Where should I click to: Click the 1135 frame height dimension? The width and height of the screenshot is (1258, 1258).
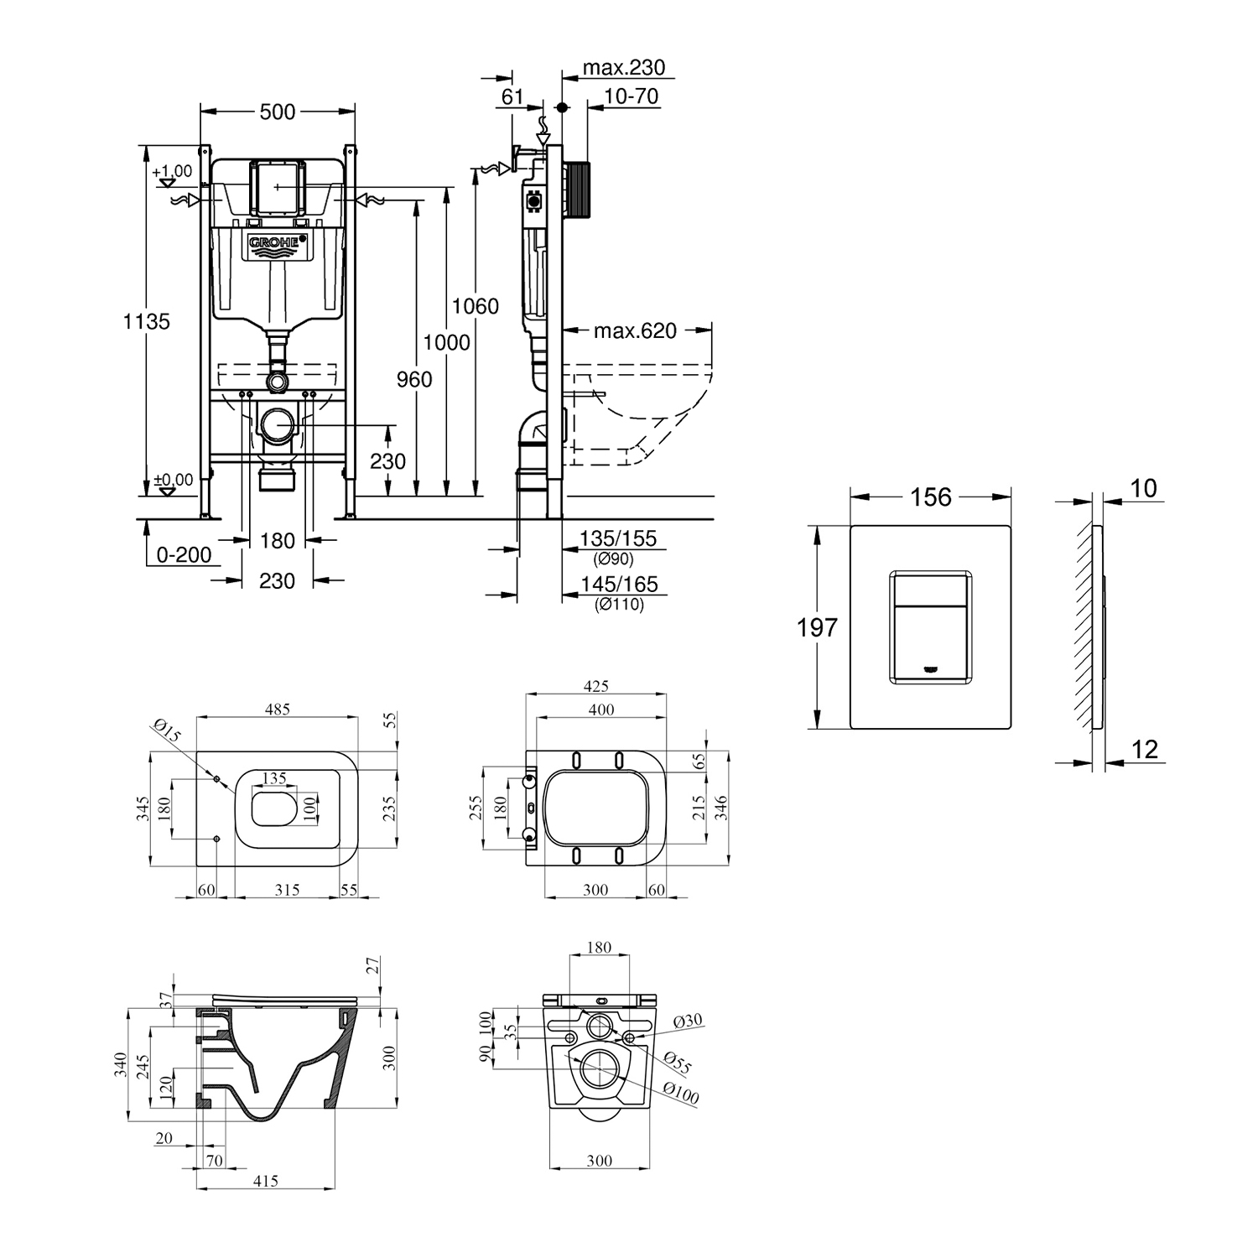pyautogui.click(x=147, y=320)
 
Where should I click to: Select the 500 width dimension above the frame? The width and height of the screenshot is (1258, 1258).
pyautogui.click(x=278, y=112)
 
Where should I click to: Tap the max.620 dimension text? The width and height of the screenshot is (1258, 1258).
pyautogui.click(x=635, y=330)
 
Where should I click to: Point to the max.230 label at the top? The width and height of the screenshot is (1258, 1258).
pyautogui.click(x=624, y=67)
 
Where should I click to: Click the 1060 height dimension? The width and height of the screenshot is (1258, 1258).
pyautogui.click(x=476, y=306)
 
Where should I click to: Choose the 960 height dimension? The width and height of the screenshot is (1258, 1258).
pyautogui.click(x=414, y=379)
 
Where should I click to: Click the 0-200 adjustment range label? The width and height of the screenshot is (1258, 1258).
pyautogui.click(x=184, y=555)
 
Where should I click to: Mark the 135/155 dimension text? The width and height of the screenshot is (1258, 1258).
pyautogui.click(x=619, y=538)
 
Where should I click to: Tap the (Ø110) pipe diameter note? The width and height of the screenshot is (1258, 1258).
pyautogui.click(x=619, y=604)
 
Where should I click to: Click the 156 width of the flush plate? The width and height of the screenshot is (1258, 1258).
pyautogui.click(x=931, y=497)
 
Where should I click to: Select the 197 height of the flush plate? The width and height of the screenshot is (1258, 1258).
pyautogui.click(x=818, y=626)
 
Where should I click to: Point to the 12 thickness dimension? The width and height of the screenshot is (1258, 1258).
pyautogui.click(x=1145, y=749)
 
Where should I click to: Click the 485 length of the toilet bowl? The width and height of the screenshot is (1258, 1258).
pyautogui.click(x=278, y=710)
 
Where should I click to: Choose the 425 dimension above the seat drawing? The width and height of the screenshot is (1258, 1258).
pyautogui.click(x=595, y=687)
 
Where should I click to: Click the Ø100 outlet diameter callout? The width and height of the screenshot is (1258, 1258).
pyautogui.click(x=681, y=1093)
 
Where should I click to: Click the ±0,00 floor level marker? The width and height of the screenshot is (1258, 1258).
pyautogui.click(x=174, y=481)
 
